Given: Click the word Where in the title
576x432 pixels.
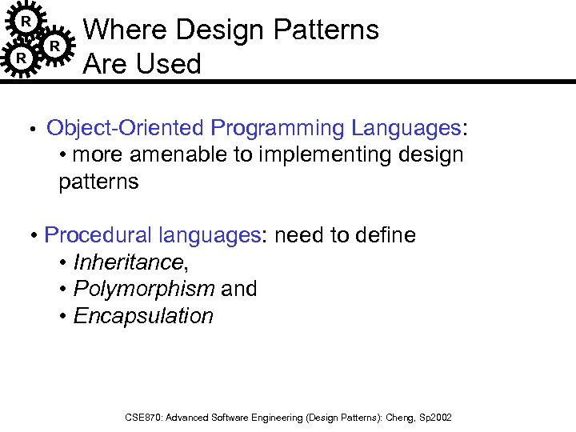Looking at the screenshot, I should click(x=126, y=30).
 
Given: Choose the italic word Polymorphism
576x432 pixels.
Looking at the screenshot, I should click(x=144, y=289).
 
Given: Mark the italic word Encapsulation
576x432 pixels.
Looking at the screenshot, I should click(x=143, y=316).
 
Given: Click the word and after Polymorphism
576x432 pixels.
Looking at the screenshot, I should click(x=239, y=289).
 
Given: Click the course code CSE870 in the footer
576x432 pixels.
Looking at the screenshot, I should click(x=145, y=418).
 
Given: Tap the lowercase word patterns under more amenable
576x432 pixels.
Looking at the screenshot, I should click(x=98, y=182).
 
